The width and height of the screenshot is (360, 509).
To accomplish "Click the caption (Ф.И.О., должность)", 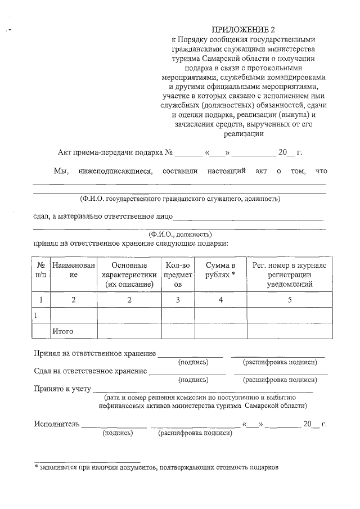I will [x=179, y=233].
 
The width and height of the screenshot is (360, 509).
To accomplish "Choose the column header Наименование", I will [x=73, y=269].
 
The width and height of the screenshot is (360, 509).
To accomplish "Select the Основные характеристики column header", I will [x=129, y=274].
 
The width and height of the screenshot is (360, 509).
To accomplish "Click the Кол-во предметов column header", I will [x=178, y=274].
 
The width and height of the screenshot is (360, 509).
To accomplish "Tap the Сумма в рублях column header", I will [x=220, y=269].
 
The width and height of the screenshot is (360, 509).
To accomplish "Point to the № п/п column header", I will [x=41, y=269].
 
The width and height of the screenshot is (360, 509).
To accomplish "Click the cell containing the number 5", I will [x=290, y=300].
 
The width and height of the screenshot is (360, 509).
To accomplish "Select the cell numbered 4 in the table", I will [x=220, y=300].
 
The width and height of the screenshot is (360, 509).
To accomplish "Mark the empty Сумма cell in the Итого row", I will [x=220, y=331].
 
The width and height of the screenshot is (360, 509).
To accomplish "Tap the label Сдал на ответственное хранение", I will [x=91, y=371].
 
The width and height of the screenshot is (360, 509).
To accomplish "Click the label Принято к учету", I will [x=62, y=388].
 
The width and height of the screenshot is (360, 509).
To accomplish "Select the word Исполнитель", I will [x=56, y=424].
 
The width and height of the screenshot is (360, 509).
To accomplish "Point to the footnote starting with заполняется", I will [x=157, y=467].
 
